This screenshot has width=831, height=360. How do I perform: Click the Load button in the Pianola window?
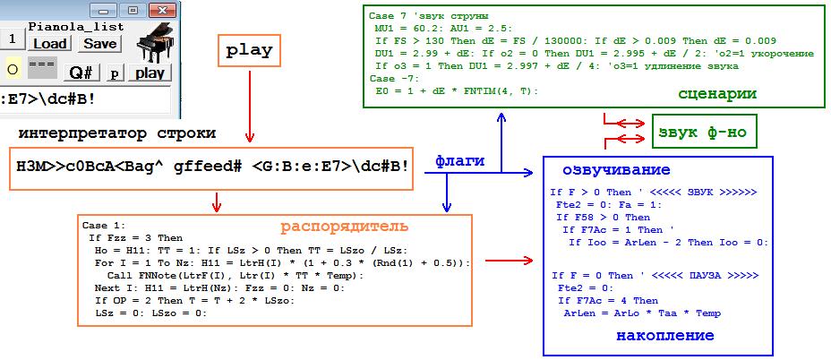(51, 43)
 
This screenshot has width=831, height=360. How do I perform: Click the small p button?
(116, 73)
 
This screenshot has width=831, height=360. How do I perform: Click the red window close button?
(161, 10)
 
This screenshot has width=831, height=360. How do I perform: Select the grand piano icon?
(153, 44)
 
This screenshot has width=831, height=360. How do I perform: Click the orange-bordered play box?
(250, 51)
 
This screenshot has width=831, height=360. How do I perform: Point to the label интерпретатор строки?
(116, 133)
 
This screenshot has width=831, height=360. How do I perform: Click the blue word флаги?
(460, 161)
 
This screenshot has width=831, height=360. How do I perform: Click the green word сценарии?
(716, 93)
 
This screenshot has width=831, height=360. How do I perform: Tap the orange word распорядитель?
(345, 225)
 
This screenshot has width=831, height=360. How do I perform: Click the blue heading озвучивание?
(616, 170)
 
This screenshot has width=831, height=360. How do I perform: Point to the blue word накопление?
(665, 335)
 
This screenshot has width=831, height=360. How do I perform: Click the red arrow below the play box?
(251, 107)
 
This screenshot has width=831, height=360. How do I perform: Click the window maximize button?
(133, 10)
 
